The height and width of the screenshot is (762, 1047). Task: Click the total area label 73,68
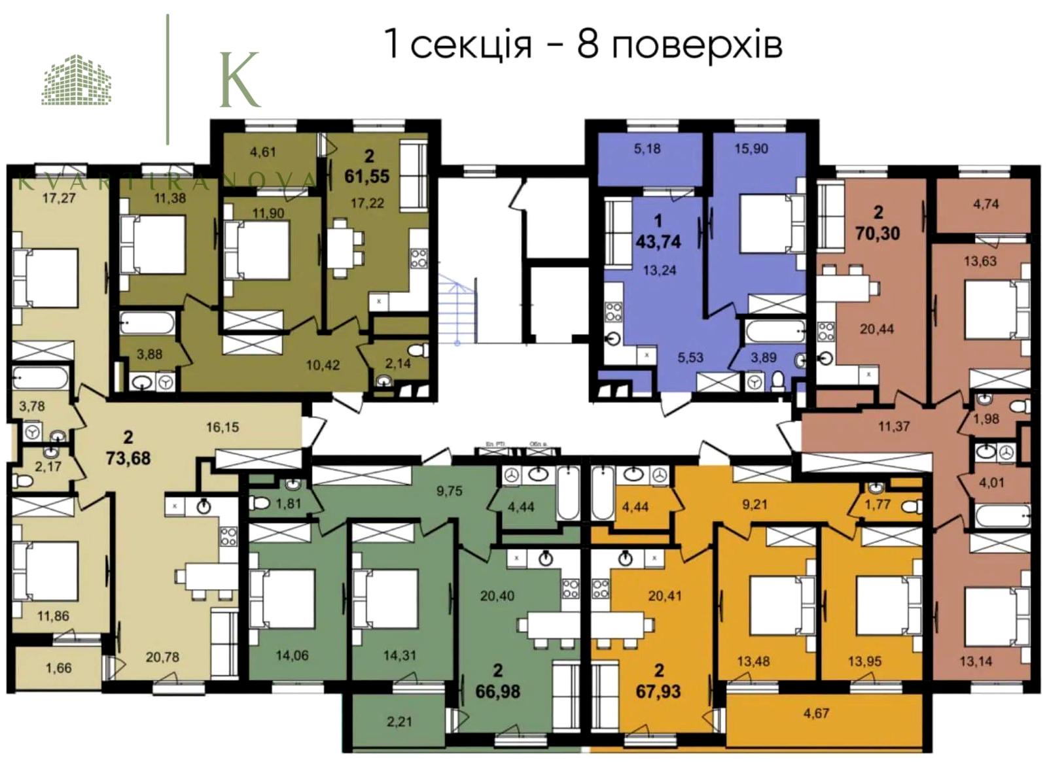pyautogui.click(x=128, y=457)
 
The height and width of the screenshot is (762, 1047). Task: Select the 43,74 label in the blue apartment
pyautogui.click(x=658, y=241)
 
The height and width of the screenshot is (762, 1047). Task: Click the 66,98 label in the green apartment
pyautogui.click(x=498, y=691)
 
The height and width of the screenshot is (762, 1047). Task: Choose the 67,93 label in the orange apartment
pyautogui.click(x=658, y=691)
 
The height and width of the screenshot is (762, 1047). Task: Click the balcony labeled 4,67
pyautogui.click(x=816, y=713)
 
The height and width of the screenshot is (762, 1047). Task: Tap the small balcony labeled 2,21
pyautogui.click(x=399, y=722)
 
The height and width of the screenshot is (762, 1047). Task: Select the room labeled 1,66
pyautogui.click(x=58, y=668)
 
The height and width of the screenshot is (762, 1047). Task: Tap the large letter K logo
pyautogui.click(x=239, y=80)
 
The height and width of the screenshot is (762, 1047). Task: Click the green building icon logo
pyautogui.click(x=77, y=80)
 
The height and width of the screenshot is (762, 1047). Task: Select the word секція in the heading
pyautogui.click(x=470, y=44)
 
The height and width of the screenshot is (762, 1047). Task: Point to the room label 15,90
pyautogui.click(x=751, y=148)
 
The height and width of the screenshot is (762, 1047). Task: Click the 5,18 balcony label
pyautogui.click(x=647, y=148)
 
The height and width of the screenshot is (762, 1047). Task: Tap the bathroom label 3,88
pyautogui.click(x=149, y=354)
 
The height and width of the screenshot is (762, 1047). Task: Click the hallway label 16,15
pyautogui.click(x=222, y=427)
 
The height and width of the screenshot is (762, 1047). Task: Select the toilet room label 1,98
pyautogui.click(x=986, y=419)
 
